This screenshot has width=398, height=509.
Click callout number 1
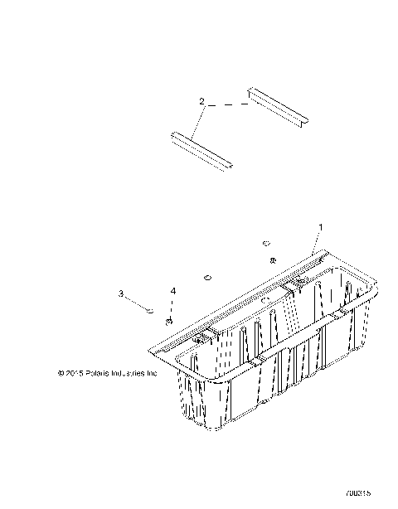[322, 226]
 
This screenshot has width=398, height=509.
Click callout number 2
[201, 101]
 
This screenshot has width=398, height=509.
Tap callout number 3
[121, 293]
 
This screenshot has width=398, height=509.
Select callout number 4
[173, 292]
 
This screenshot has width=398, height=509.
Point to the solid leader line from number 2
[196, 121]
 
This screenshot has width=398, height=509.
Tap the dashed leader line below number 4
[172, 308]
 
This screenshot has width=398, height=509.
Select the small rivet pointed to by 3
[148, 311]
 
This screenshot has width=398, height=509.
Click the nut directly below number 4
[169, 321]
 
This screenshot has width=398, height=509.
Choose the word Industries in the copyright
[128, 373]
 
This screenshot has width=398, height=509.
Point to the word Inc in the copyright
[152, 373]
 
